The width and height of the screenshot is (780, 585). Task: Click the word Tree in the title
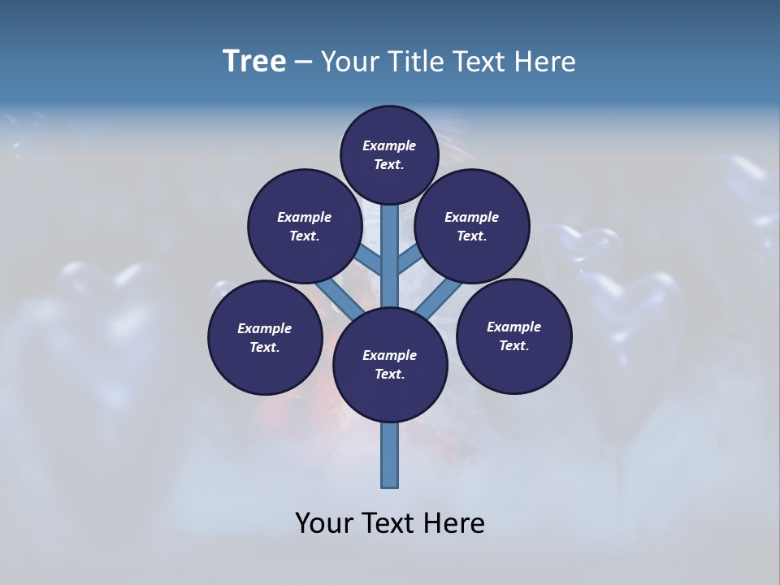click(254, 62)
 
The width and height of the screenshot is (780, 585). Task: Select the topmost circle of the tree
click(389, 154)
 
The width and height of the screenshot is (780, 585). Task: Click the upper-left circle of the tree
click(304, 226)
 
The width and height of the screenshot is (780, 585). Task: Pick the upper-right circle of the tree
click(472, 226)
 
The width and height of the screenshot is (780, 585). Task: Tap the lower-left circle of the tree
click(265, 337)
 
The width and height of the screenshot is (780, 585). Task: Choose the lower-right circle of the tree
click(513, 336)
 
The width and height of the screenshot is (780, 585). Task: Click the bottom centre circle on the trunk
click(390, 364)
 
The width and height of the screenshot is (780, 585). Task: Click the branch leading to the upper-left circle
click(370, 262)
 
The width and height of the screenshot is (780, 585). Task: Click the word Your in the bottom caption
click(324, 523)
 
